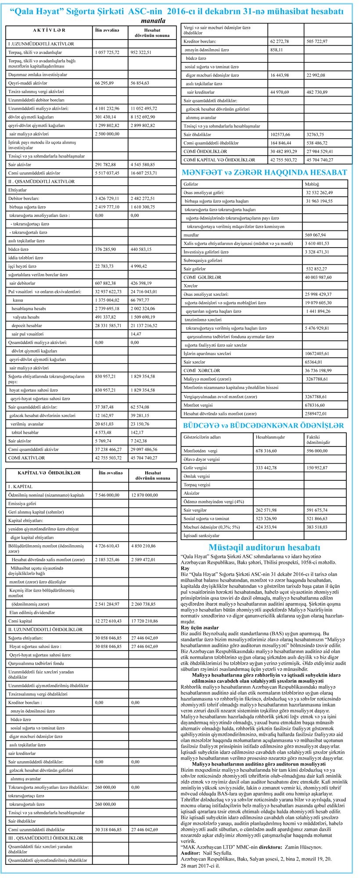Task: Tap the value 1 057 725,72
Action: (x=107, y=52)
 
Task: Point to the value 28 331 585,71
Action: (x=108, y=326)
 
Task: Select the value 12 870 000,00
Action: (x=144, y=495)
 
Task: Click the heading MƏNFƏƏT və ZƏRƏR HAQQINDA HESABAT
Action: (x=264, y=173)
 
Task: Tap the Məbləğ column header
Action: (x=313, y=184)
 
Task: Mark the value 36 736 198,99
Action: (x=325, y=371)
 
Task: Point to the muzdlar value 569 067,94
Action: (x=319, y=235)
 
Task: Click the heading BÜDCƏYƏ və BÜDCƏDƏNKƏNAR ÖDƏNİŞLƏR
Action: (x=263, y=425)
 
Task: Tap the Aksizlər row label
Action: (x=192, y=493)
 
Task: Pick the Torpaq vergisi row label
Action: (x=197, y=485)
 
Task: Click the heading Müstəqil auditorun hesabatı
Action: (x=264, y=547)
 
